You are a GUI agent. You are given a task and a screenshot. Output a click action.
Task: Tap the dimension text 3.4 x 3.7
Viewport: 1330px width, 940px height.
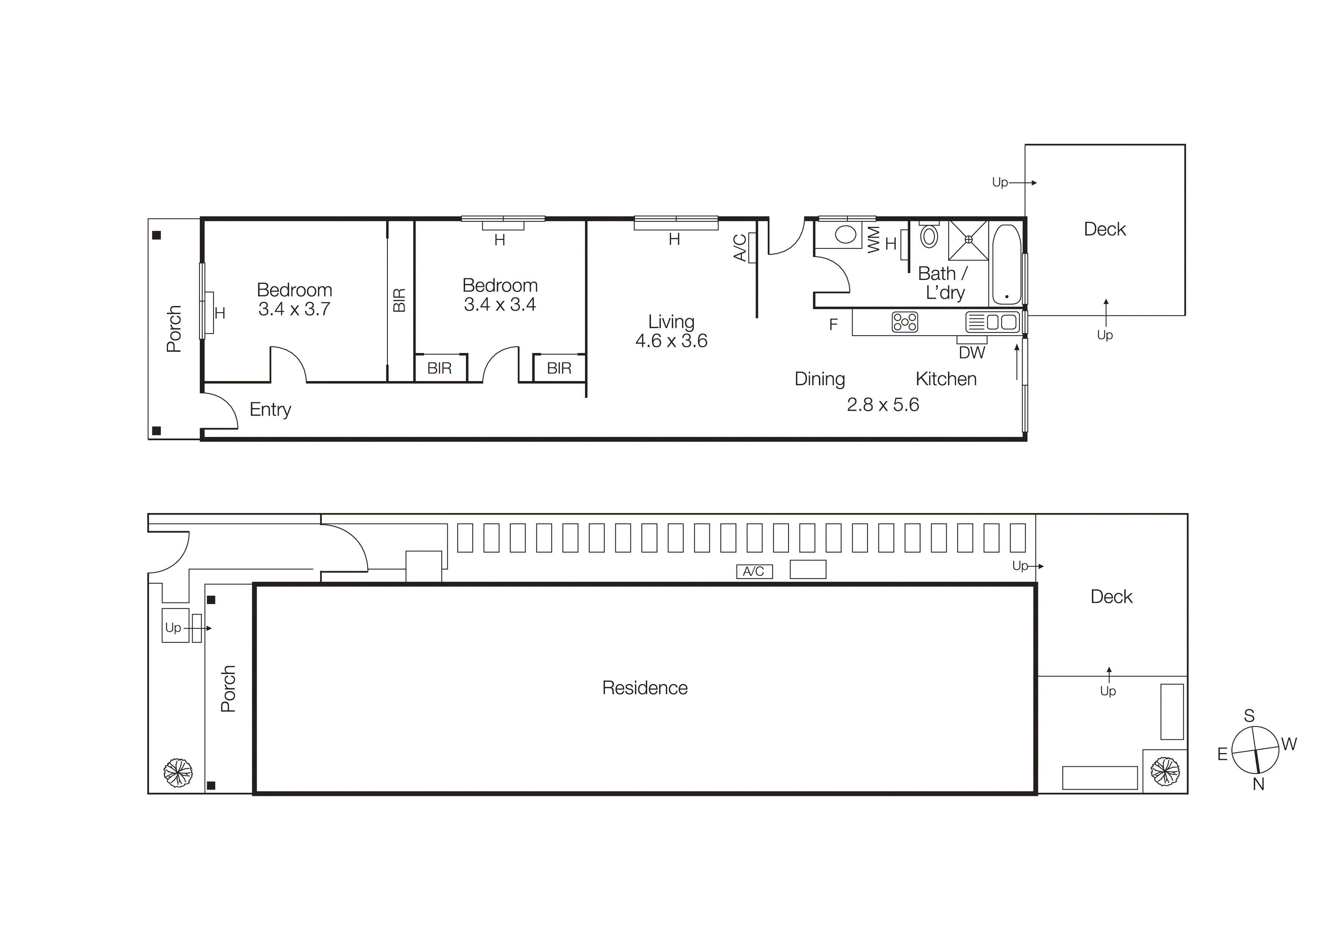point(294,309)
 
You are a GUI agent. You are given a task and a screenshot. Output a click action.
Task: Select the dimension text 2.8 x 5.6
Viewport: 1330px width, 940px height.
point(882,404)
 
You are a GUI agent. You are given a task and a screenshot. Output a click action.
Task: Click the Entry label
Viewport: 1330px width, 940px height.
point(270,410)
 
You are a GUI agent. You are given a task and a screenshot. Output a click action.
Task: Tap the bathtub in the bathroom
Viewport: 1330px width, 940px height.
point(1007,264)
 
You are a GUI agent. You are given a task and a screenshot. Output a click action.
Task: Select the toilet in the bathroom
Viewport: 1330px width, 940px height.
point(929,236)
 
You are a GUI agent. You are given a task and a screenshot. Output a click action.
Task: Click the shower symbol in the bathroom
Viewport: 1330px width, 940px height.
point(968,240)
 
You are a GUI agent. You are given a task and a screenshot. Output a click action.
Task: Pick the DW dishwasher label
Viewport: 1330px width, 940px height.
point(971,353)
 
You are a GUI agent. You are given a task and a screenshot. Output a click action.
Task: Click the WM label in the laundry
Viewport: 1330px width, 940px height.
point(874,240)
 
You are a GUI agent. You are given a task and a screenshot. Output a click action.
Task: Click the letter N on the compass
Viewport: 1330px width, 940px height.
point(1258,784)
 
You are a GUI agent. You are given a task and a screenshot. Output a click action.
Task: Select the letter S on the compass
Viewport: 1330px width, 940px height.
point(1250,716)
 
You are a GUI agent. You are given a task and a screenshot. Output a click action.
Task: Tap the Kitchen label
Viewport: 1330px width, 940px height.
point(946,379)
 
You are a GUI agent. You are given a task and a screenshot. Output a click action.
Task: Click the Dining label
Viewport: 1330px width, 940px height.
point(820,379)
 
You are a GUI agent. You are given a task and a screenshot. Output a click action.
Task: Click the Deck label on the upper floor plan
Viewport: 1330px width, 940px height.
point(1105,229)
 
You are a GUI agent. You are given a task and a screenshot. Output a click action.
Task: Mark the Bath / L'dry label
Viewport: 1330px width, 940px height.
point(943,282)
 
